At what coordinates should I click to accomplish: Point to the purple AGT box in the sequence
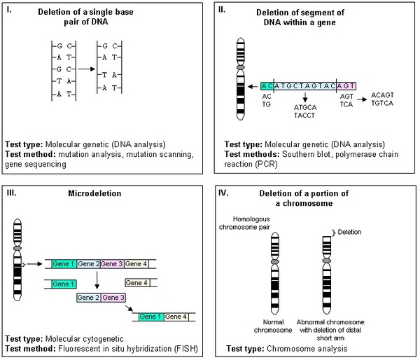point(347,84)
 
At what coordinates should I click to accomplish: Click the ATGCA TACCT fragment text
point(305,111)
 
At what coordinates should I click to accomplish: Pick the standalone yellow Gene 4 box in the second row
point(137,283)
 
